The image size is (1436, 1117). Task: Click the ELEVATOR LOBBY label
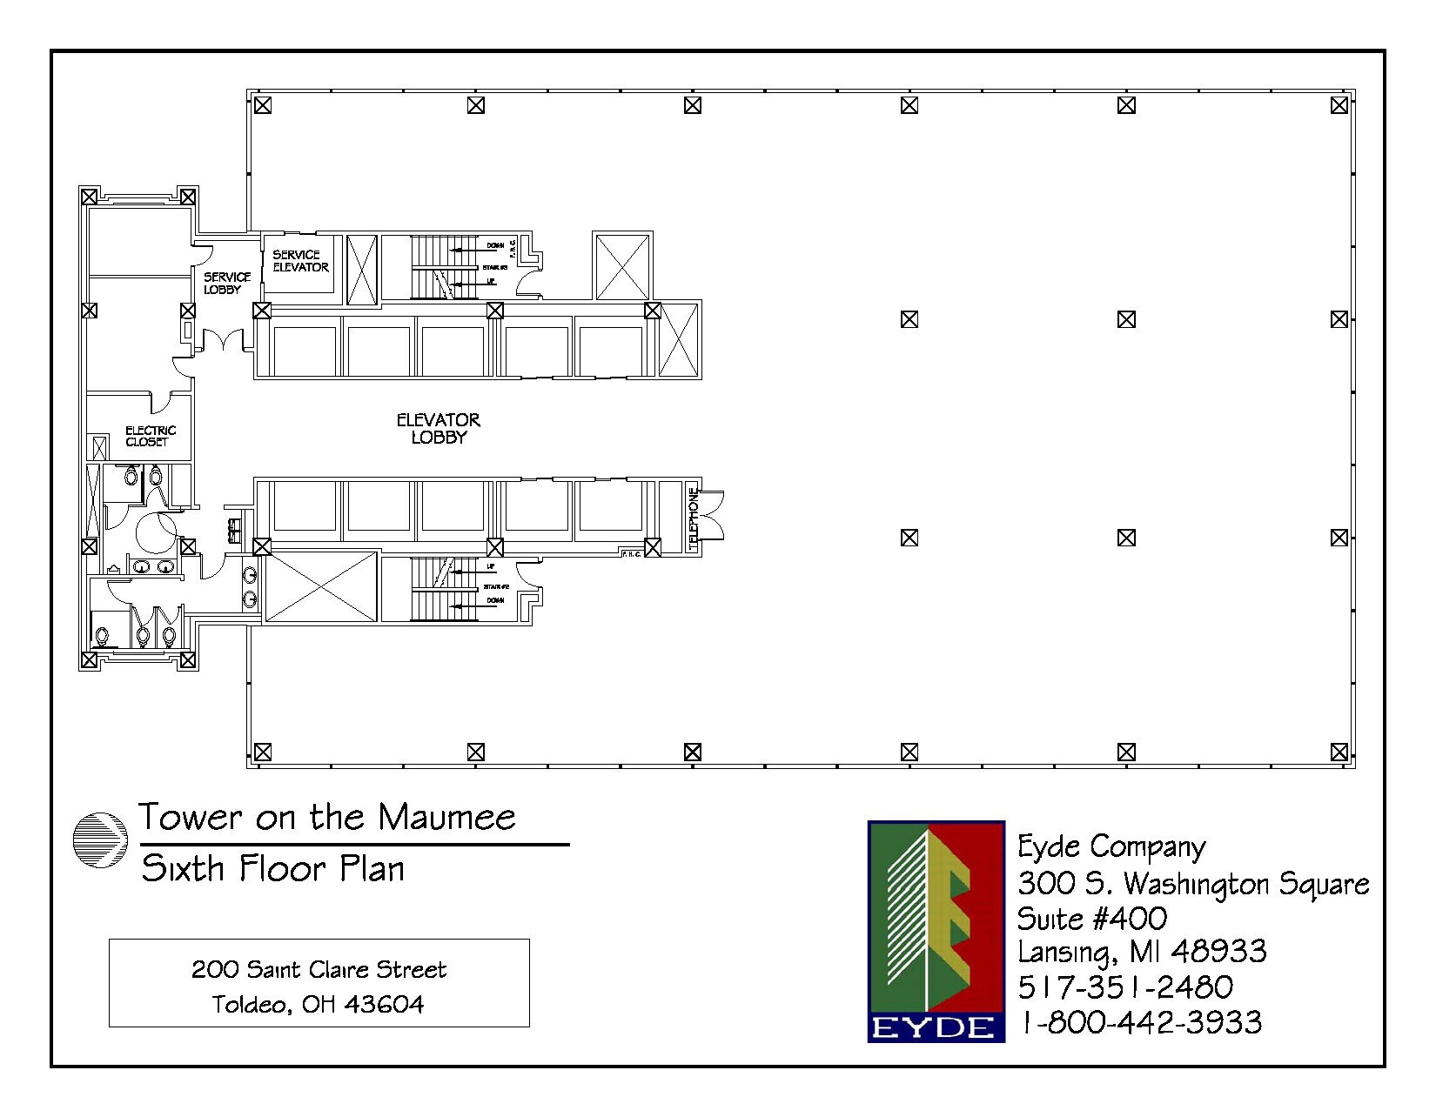[439, 429]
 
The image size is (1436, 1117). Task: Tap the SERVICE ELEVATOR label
[300, 261]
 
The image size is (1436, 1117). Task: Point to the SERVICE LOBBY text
[227, 283]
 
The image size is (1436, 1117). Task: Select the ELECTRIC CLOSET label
[150, 436]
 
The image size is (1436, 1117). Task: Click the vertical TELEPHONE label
[694, 518]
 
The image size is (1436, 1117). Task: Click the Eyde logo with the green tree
[936, 931]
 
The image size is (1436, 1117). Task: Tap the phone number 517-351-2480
[1125, 987]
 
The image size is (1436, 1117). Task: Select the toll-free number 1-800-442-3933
[1140, 1021]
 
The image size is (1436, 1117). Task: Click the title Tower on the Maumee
[327, 818]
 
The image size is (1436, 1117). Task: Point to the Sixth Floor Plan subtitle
[273, 868]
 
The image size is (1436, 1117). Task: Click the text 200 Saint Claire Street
[319, 969]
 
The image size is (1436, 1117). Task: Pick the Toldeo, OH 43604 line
[319, 1005]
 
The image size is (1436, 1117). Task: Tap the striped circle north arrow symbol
[100, 841]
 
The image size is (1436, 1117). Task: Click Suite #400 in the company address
[1092, 919]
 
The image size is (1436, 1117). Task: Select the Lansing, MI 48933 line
[1142, 952]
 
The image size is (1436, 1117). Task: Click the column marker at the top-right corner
[1339, 105]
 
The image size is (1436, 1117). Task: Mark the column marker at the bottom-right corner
[1339, 752]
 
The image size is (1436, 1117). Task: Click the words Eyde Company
[1111, 846]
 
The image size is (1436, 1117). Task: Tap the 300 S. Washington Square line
[1193, 884]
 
